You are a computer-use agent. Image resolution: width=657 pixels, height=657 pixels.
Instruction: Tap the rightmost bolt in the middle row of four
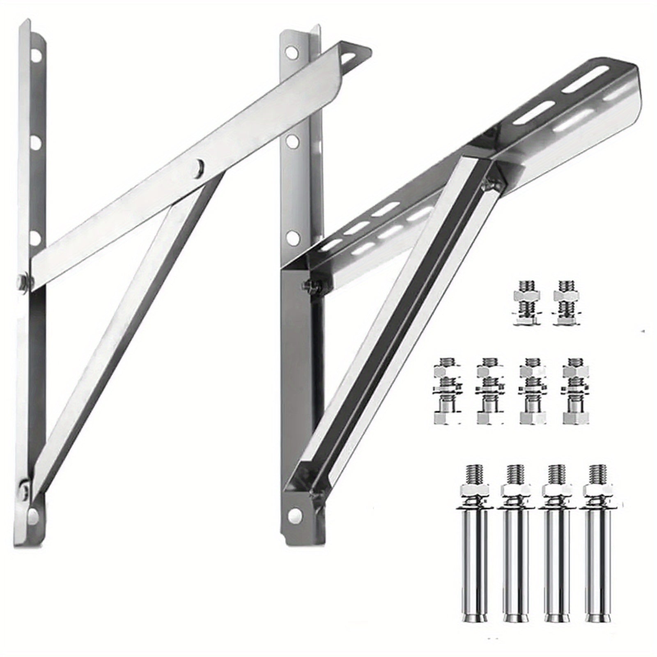click(x=575, y=390)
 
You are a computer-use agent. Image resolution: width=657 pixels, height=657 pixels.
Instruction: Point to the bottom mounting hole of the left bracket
click(x=34, y=514)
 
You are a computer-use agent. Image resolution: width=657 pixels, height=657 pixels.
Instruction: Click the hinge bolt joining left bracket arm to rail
click(x=24, y=282)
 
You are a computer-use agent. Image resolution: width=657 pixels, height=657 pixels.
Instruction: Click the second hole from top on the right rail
click(x=292, y=142)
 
